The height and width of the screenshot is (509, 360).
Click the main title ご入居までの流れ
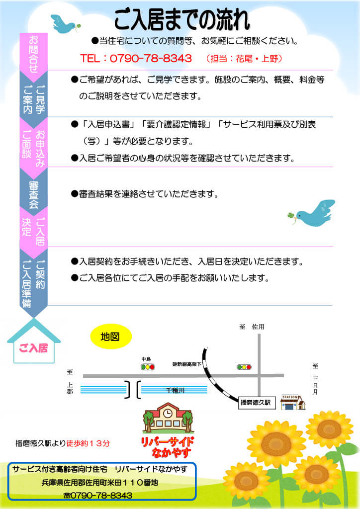(x=182, y=19)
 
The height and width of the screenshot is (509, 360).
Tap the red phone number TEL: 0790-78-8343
(x=136, y=59)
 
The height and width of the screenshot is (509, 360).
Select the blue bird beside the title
(x=65, y=24)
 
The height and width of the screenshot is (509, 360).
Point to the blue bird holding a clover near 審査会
(x=311, y=213)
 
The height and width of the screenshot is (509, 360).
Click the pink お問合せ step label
(x=33, y=54)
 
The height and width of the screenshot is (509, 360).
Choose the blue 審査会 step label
(x=33, y=195)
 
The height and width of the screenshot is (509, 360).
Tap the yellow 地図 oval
(x=110, y=337)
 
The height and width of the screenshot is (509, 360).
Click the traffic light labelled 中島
(x=147, y=367)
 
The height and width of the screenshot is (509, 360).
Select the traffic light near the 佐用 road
(x=244, y=367)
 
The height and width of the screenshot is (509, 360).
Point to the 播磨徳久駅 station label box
(x=256, y=403)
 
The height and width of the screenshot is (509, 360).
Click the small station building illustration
(x=293, y=402)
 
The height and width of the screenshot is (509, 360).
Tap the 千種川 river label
(x=176, y=390)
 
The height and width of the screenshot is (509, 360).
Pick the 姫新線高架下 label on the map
(x=186, y=364)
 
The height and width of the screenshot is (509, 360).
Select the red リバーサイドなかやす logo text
(x=167, y=447)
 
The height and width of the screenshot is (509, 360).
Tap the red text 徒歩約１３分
(x=88, y=443)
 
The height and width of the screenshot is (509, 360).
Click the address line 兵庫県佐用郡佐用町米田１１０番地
(x=100, y=482)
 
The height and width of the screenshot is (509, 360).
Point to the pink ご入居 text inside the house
(x=33, y=348)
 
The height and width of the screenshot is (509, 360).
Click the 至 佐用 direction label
(x=252, y=327)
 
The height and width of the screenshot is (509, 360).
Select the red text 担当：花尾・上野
(x=244, y=59)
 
